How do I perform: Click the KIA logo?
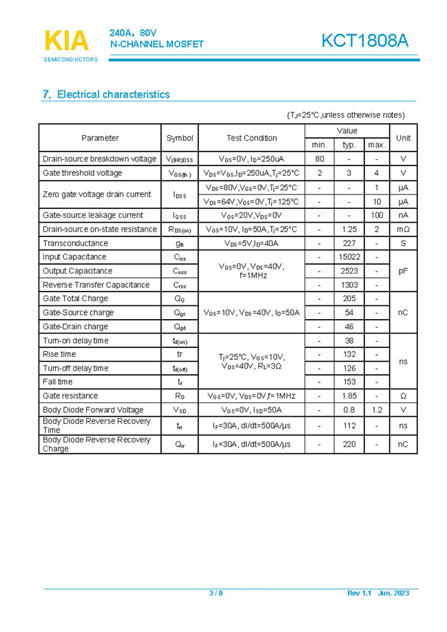pos(67,41)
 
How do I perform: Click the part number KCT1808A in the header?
pos(364,41)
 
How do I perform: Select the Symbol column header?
pos(180,138)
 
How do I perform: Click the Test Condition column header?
pos(251,138)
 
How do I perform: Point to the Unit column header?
pos(403,138)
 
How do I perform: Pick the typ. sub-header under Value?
pos(349,145)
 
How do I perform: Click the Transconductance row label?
pos(75,243)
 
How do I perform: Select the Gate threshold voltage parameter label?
pos(83,173)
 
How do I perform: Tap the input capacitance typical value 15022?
pos(349,257)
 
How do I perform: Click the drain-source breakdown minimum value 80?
pos(320,159)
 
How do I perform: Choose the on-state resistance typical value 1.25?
pos(349,229)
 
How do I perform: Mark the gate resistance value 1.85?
pos(349,396)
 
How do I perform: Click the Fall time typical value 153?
pos(349,382)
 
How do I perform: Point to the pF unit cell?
pos(403,271)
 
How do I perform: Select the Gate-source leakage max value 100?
pos(377,215)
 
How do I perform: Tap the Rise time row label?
pos(59,354)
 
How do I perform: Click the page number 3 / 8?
pos(216,593)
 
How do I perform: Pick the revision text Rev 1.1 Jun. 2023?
pos(378,593)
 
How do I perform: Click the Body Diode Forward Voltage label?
pos(93,410)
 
